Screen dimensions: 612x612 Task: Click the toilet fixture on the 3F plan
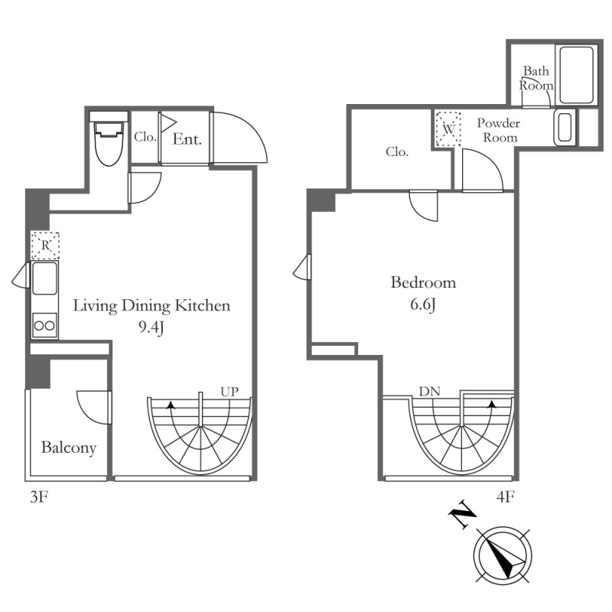pyautogui.click(x=109, y=143)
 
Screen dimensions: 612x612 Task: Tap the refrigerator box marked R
pyautogui.click(x=45, y=246)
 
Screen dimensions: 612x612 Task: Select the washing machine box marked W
pyautogui.click(x=448, y=129)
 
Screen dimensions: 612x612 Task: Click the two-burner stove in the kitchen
pyautogui.click(x=44, y=326)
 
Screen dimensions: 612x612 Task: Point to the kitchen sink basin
pyautogui.click(x=44, y=278)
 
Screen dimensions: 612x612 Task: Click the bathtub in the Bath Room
pyautogui.click(x=577, y=75)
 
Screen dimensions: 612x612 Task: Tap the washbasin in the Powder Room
pyautogui.click(x=565, y=127)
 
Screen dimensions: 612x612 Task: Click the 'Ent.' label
pyautogui.click(x=187, y=139)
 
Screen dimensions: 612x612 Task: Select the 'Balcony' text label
pyautogui.click(x=69, y=448)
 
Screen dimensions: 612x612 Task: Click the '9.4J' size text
pyautogui.click(x=151, y=328)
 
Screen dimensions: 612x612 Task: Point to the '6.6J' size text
pyautogui.click(x=423, y=304)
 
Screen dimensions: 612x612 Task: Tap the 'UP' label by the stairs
pyautogui.click(x=229, y=392)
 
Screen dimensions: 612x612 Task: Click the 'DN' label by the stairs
pyautogui.click(x=429, y=391)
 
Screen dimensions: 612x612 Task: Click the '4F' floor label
pyautogui.click(x=506, y=496)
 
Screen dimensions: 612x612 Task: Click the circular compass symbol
pyautogui.click(x=503, y=555)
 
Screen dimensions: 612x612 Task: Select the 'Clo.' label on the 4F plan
pyautogui.click(x=397, y=151)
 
